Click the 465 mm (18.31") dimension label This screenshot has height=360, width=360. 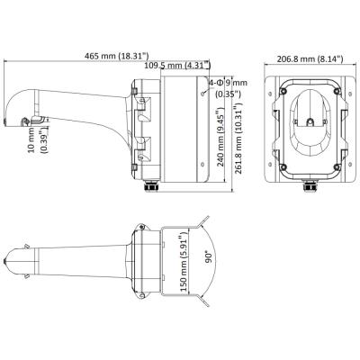click(x=112, y=56)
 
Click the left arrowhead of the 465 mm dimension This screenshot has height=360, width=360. click(x=8, y=63)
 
